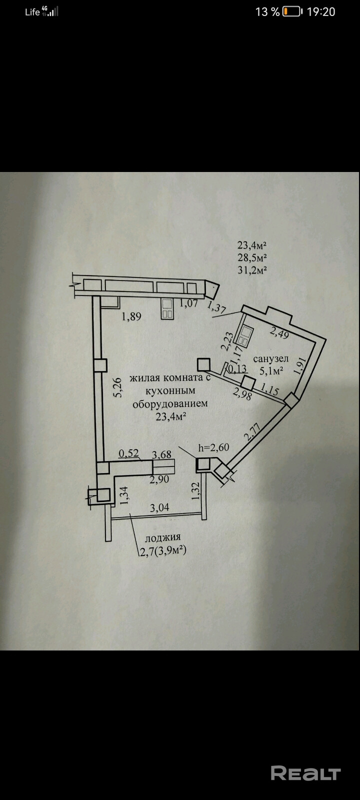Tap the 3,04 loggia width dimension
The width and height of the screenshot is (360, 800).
click(x=160, y=507)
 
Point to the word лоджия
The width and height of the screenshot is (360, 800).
click(x=163, y=538)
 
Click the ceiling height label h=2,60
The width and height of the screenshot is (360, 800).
click(x=213, y=447)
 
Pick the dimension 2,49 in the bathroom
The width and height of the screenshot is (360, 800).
click(x=279, y=331)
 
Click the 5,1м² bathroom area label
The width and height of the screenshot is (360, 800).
click(x=271, y=371)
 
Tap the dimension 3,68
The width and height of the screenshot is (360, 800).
click(x=161, y=454)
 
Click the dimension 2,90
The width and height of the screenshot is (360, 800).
click(x=159, y=479)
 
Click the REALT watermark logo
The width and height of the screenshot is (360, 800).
click(x=305, y=773)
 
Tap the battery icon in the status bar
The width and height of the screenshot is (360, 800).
click(x=292, y=11)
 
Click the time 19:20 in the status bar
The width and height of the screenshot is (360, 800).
click(x=320, y=11)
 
